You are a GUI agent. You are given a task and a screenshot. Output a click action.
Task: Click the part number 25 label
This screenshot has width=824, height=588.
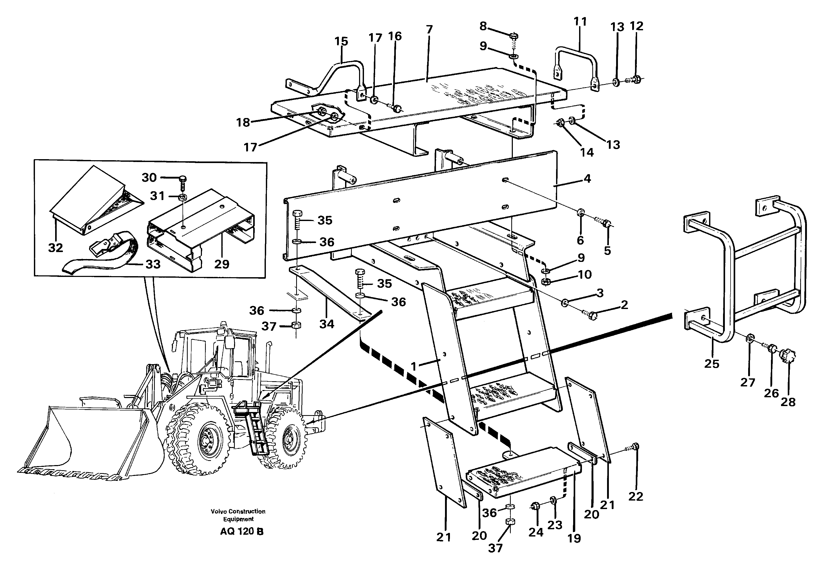(x=711, y=364)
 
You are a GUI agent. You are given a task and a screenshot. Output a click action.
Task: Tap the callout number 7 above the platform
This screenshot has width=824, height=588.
(x=429, y=29)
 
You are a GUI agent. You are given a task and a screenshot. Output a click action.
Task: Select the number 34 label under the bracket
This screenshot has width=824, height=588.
(x=326, y=324)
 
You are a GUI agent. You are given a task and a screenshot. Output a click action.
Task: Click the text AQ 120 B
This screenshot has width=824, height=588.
(x=242, y=532)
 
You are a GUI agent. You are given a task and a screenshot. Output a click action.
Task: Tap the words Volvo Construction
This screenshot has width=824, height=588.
(x=238, y=511)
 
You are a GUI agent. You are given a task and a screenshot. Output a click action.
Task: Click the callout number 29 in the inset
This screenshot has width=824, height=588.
(x=222, y=264)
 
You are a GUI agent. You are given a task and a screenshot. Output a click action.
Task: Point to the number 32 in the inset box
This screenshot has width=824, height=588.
(x=55, y=248)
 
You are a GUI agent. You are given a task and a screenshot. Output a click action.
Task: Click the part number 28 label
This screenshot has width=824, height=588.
(x=788, y=402)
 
